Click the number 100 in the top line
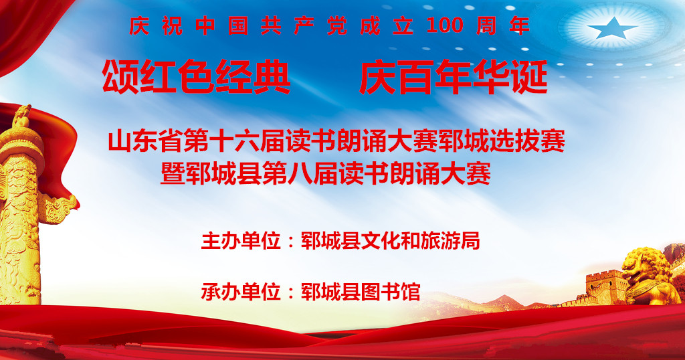click(x=444, y=26)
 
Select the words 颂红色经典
click(x=196, y=77)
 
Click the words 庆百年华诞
click(x=454, y=77)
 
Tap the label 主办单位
click(x=241, y=241)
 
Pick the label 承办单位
click(x=241, y=292)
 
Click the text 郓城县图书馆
click(x=361, y=292)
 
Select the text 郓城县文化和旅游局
click(x=391, y=241)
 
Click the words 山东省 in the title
click(x=146, y=141)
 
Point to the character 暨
click(x=173, y=173)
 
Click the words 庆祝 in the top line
click(x=155, y=26)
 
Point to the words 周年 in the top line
click(x=503, y=26)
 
